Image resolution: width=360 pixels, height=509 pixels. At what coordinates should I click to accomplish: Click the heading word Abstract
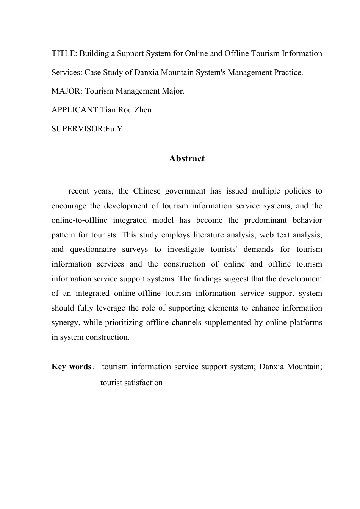(x=187, y=159)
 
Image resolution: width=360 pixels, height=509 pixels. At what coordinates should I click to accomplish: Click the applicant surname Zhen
(x=142, y=110)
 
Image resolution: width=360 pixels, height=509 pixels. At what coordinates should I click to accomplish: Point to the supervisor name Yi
(x=121, y=129)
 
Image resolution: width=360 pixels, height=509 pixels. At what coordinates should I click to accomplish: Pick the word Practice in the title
(x=288, y=72)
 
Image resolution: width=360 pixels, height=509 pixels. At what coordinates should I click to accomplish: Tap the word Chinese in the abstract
(x=147, y=191)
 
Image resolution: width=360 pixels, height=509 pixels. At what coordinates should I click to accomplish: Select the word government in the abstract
(x=185, y=191)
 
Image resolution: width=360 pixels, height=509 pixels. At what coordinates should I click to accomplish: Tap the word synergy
(x=65, y=323)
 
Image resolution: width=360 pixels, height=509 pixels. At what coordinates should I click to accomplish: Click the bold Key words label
(x=71, y=367)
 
